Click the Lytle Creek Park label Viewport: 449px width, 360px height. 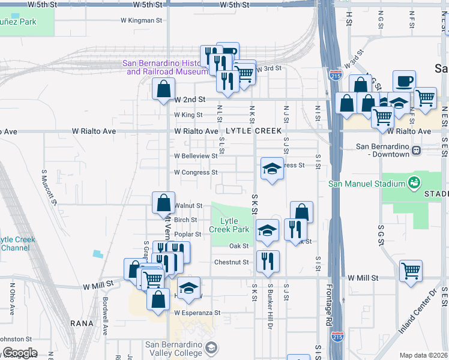point(230,225)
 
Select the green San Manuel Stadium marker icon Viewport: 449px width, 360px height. point(413,182)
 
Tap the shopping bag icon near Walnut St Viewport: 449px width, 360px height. point(163,203)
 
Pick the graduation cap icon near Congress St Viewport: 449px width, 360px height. point(271,169)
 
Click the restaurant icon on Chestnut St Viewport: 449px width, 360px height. point(267,260)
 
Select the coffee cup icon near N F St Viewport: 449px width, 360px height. point(404,80)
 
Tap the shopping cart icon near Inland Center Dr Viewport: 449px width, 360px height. point(410,271)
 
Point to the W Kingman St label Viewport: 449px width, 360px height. point(142,20)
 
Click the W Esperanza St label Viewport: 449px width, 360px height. point(197,313)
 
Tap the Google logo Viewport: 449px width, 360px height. point(20,353)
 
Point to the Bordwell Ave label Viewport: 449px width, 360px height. point(104,316)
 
